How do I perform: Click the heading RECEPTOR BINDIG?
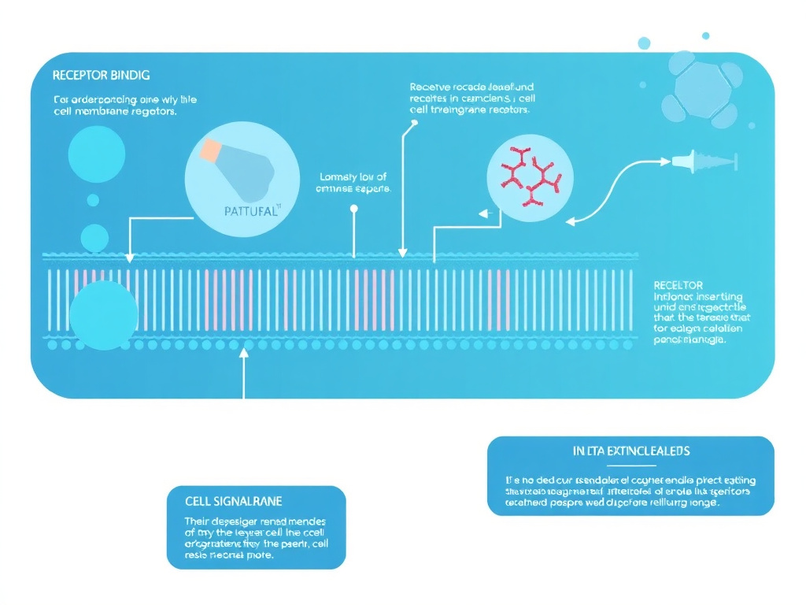click(101, 76)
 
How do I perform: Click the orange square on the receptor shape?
click(212, 151)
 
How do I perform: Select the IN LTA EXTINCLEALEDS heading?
click(630, 451)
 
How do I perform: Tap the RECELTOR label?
click(678, 284)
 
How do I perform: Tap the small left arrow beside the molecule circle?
click(484, 212)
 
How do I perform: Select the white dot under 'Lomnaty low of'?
click(353, 209)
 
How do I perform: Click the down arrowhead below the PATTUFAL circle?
click(130, 258)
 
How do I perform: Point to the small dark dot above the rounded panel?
click(705, 35)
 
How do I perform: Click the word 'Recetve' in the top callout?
click(428, 87)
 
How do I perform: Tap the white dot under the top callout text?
click(412, 123)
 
